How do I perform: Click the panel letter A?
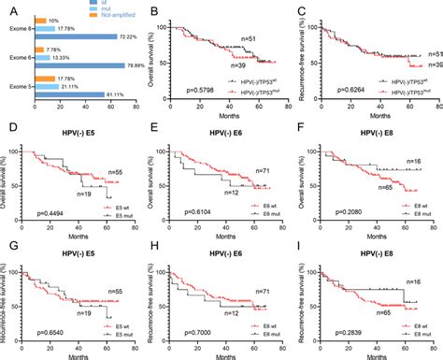(x=7, y=8)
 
